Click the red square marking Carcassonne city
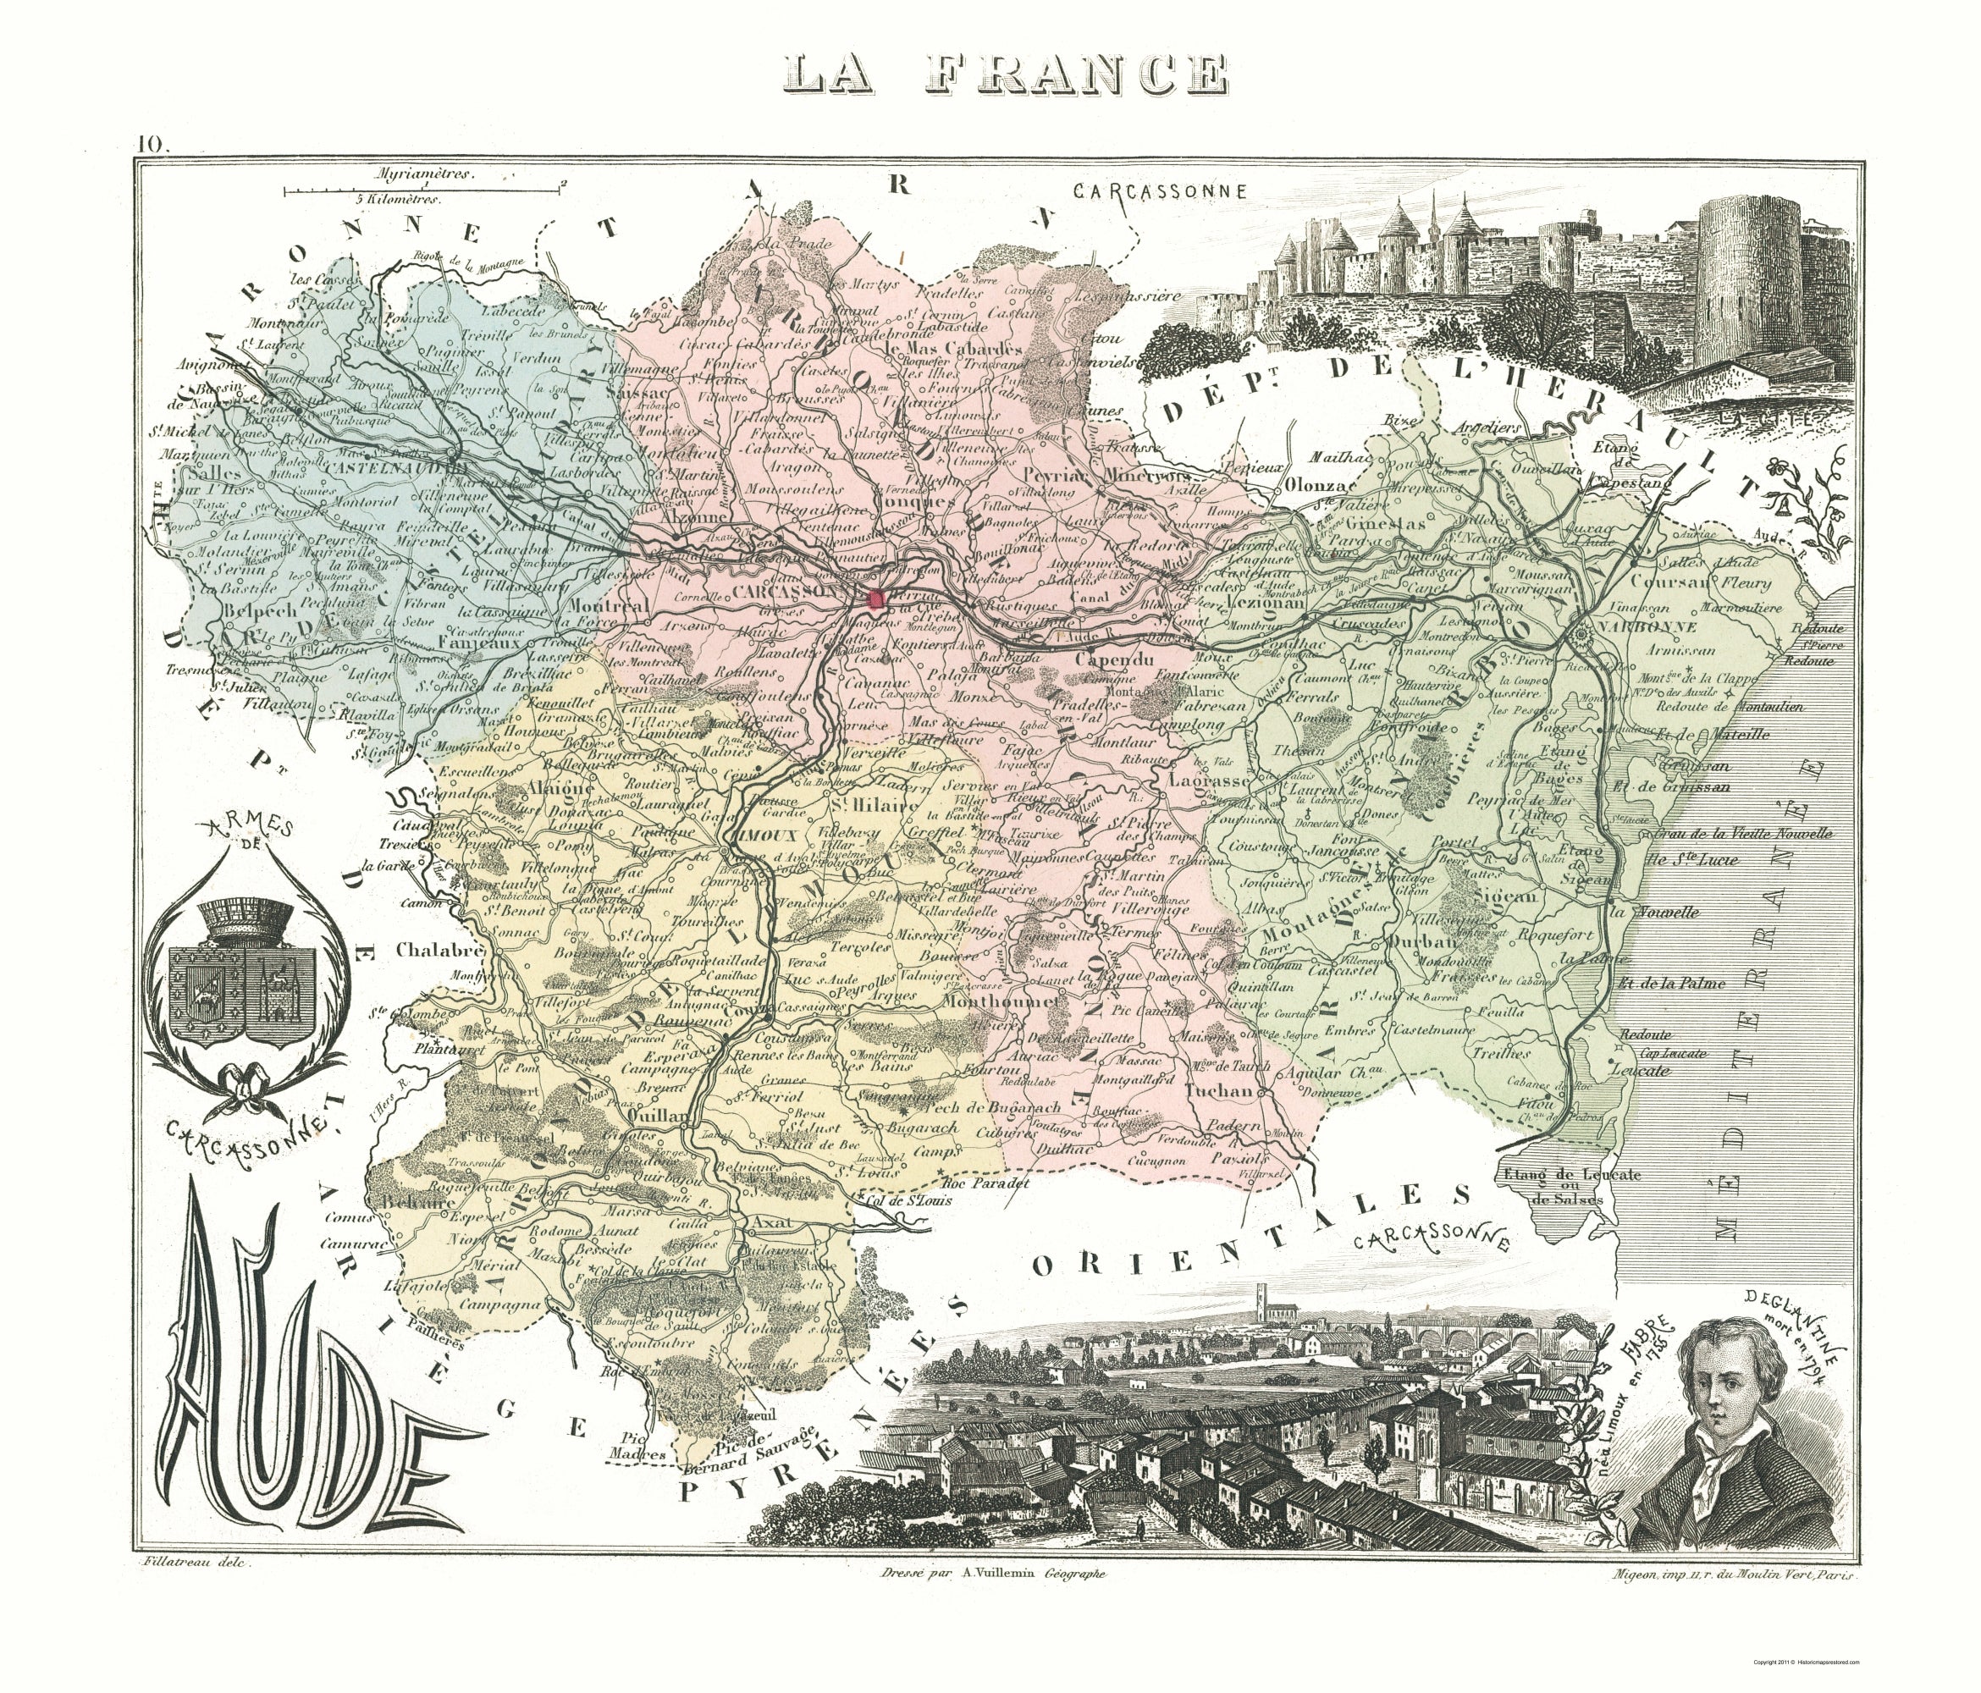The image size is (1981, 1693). tap(875, 599)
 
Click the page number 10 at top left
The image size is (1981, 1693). tap(151, 145)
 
